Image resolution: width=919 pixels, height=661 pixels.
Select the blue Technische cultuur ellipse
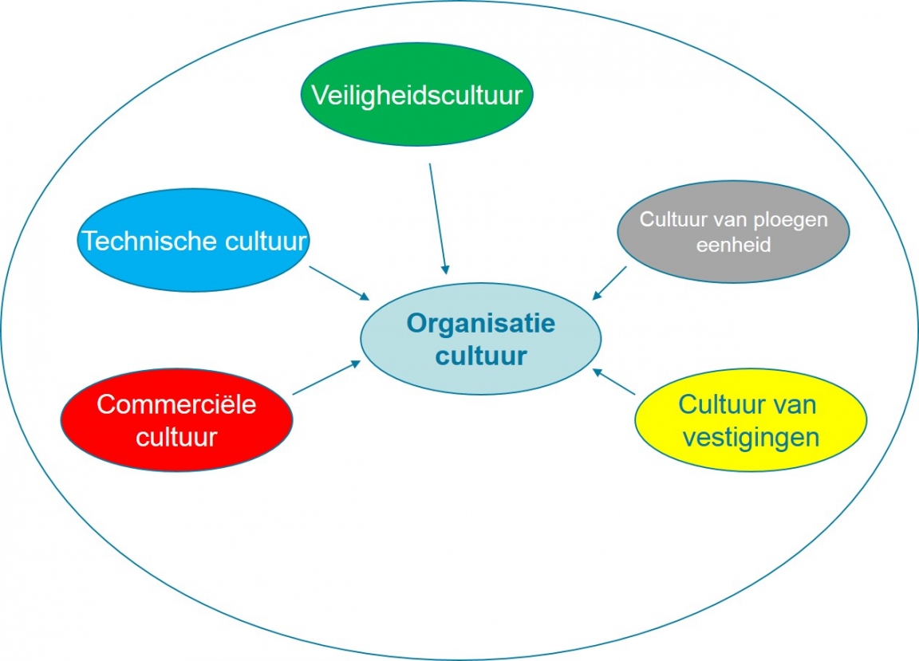[194, 241]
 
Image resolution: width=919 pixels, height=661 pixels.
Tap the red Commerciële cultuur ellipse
[176, 420]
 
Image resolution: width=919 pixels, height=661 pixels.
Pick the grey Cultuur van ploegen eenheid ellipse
[733, 232]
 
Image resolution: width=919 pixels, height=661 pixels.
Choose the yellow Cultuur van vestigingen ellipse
[750, 420]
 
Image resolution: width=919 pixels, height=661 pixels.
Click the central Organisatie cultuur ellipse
[480, 340]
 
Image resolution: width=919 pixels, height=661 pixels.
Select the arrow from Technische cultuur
[339, 283]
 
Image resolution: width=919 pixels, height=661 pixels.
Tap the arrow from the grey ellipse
[609, 283]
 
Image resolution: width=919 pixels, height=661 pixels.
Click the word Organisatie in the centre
[480, 324]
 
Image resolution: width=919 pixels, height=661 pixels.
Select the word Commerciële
[176, 404]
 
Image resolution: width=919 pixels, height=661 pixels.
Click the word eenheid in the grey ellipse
[733, 246]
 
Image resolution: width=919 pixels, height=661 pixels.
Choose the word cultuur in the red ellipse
[176, 436]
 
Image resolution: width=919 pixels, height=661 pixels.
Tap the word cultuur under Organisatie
[480, 356]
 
